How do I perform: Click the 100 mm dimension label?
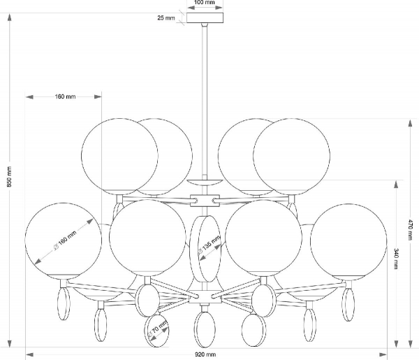coord(205,2)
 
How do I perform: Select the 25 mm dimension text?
coord(166,18)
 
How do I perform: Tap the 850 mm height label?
coord(9,177)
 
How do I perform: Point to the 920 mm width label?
coord(205,354)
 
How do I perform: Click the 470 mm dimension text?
coord(410,230)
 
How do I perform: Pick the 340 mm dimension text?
coord(396,259)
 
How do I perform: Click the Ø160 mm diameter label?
coord(65,240)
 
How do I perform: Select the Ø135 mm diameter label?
coord(209,245)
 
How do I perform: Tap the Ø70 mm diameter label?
coord(158,329)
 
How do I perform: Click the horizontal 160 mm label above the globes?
coord(65,96)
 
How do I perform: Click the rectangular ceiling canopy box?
coord(205,18)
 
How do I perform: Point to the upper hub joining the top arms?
coord(205,201)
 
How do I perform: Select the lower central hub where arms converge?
coord(205,297)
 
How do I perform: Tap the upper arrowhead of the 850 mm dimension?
coord(10,17)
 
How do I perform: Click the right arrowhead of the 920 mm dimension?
coord(383,354)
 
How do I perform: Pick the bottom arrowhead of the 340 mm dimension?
coord(396,344)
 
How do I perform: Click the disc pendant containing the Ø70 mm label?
coord(156,331)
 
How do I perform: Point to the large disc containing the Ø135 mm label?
coord(205,249)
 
